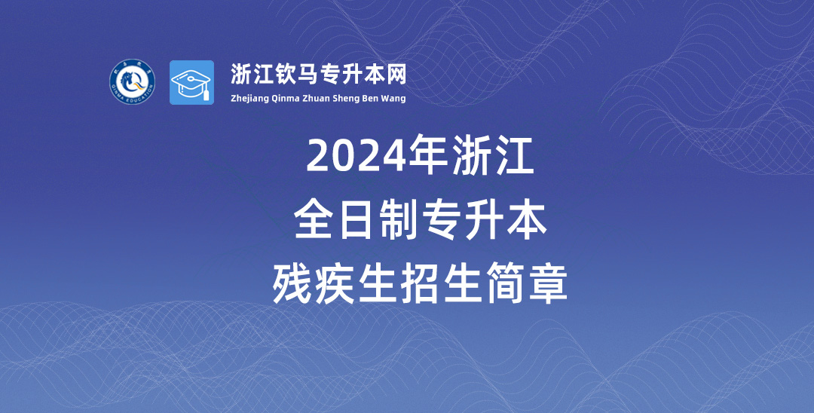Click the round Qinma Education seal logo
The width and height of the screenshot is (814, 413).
point(133,81)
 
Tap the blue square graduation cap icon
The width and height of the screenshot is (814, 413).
point(191,82)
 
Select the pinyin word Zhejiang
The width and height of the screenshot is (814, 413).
point(249,99)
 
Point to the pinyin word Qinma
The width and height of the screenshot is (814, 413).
point(284,99)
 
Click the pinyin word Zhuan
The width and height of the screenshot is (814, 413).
point(316,99)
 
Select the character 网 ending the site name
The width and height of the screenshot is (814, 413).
point(396,75)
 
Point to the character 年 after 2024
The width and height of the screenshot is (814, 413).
point(428,154)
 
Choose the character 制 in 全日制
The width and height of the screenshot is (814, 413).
point(399,221)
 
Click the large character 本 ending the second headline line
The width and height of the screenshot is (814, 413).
point(528,221)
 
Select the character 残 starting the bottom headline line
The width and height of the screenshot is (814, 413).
point(292,284)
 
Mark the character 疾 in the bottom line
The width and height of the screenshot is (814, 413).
point(335,284)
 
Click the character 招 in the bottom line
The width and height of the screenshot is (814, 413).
point(421,284)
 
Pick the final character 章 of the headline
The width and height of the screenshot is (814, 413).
point(549,284)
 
